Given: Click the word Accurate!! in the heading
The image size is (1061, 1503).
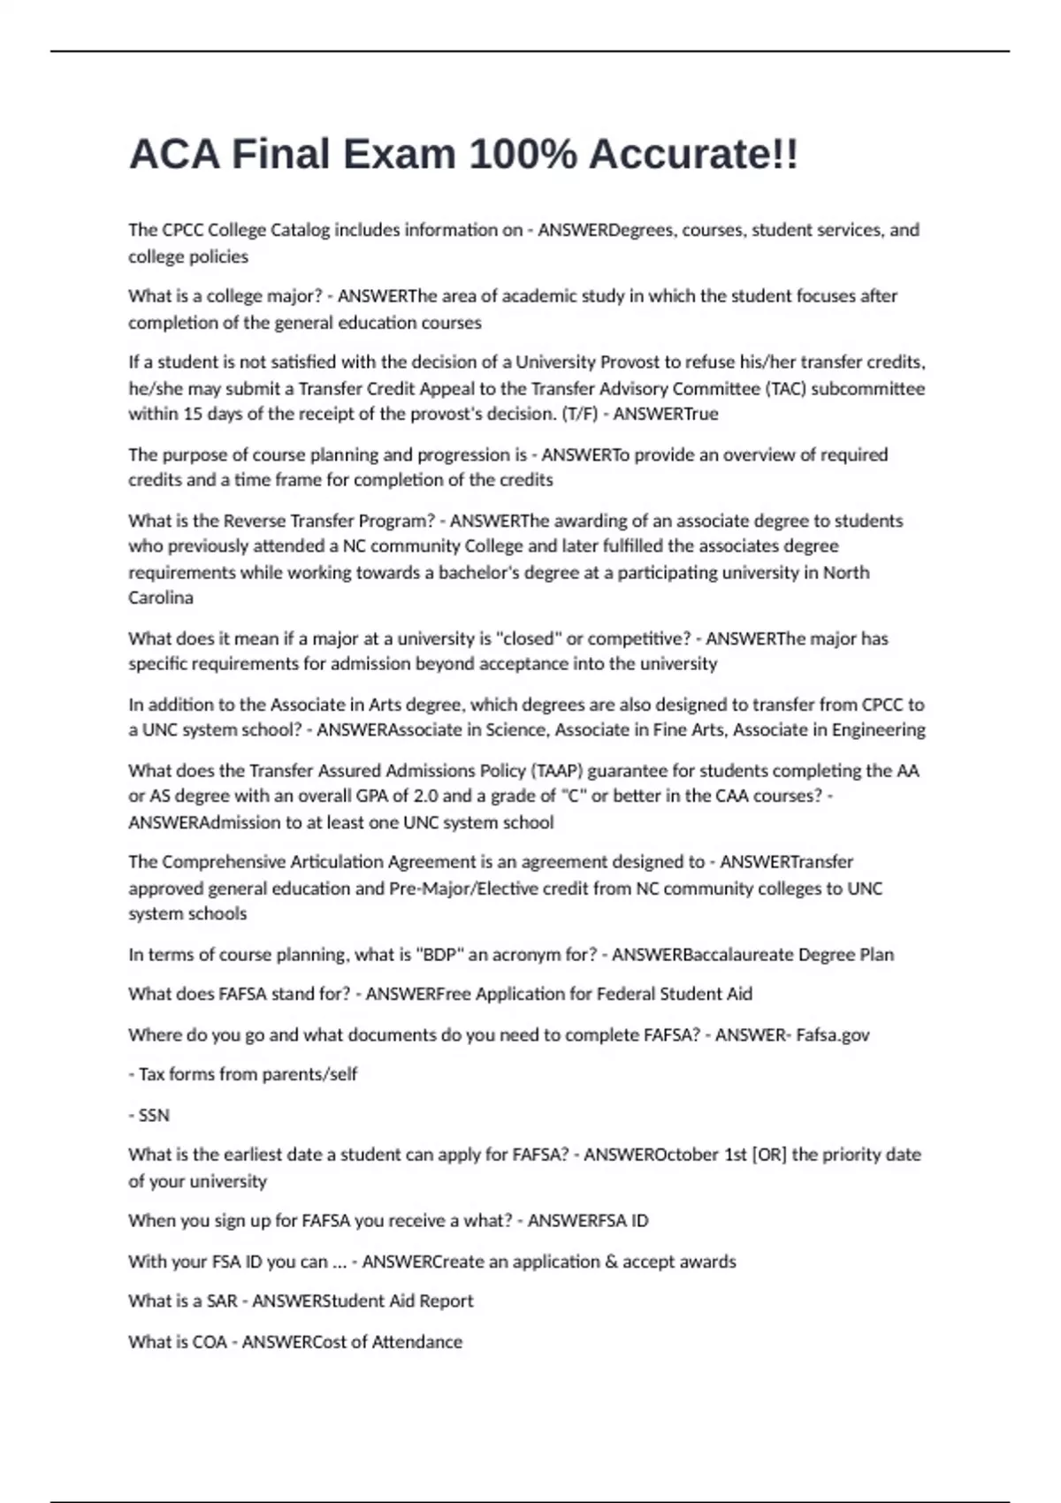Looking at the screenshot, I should point(693,155).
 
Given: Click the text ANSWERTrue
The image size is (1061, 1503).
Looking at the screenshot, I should point(666,414).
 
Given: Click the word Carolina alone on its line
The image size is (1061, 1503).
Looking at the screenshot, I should point(161,598).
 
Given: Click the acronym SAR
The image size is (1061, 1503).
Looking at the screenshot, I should point(221,1301).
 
